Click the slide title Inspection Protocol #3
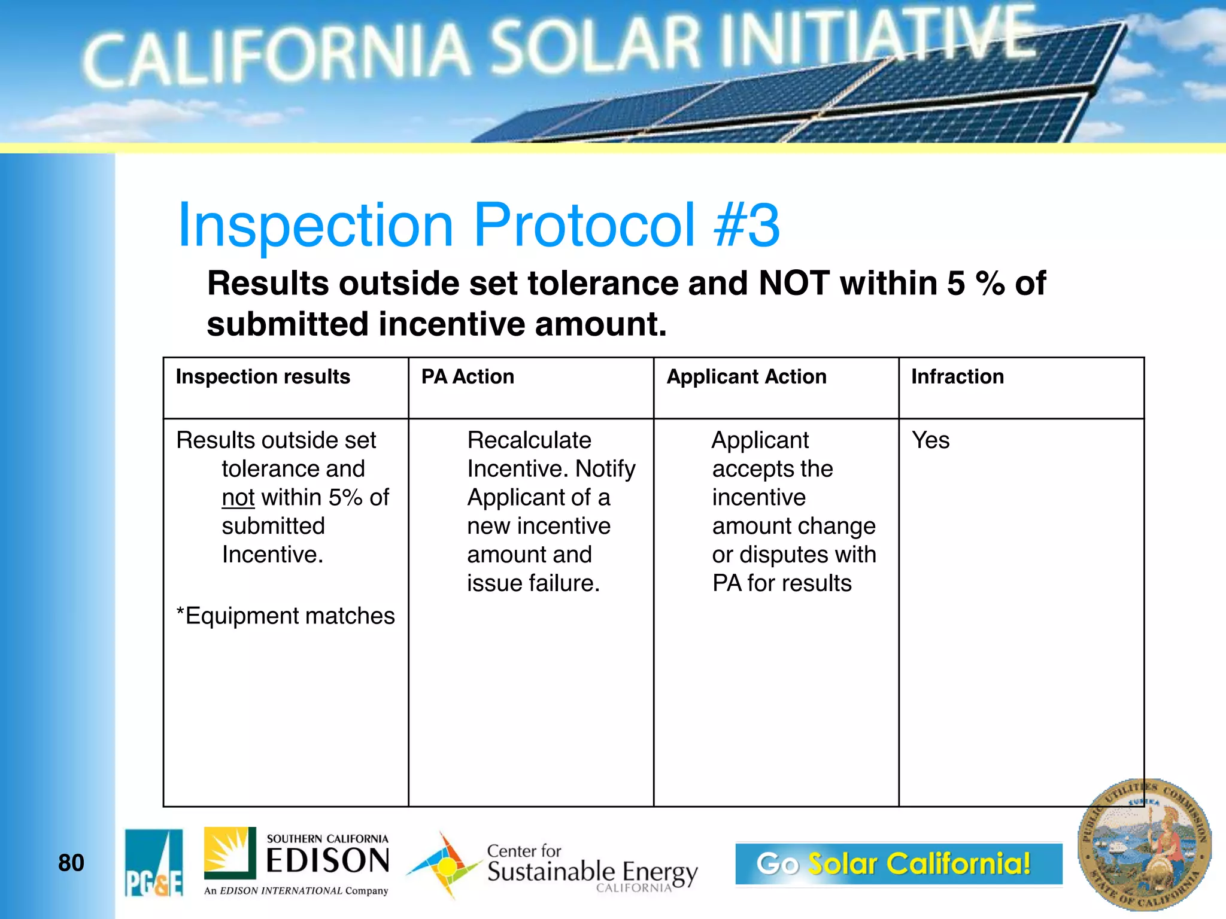[x=479, y=225]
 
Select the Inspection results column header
[x=263, y=377]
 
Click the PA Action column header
[x=468, y=377]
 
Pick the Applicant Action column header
[x=746, y=377]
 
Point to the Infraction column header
[x=957, y=377]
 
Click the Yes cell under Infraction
[x=930, y=440]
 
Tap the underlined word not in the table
[x=238, y=498]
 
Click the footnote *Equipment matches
[x=286, y=616]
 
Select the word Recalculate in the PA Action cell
[x=529, y=440]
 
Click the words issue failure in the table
[x=533, y=583]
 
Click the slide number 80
[x=71, y=863]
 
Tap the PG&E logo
[x=154, y=863]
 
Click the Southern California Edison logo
[x=297, y=862]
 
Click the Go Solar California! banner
[x=898, y=863]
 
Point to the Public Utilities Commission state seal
[x=1144, y=845]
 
